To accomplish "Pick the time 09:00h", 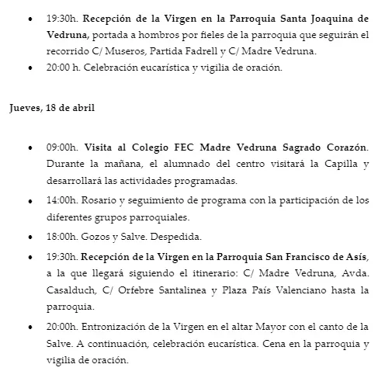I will [x=61, y=147].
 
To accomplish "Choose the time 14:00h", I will [x=61, y=200].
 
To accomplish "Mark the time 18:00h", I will [x=61, y=236].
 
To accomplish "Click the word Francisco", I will [x=313, y=255].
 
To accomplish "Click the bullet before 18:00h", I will [x=30, y=237].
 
